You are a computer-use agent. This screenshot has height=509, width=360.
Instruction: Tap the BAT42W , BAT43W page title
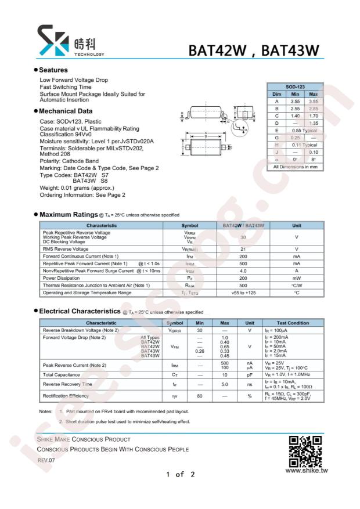coord(254,50)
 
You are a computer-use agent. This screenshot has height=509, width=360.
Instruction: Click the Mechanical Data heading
coord(66,111)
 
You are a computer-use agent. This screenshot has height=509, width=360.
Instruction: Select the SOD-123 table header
coord(295,86)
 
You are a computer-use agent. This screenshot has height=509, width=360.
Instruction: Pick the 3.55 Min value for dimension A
coord(295,101)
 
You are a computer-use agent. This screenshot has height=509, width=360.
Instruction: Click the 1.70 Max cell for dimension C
coord(314,115)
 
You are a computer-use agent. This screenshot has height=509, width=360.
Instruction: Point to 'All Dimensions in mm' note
coord(296,167)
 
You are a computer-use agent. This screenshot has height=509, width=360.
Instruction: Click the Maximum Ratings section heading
coord(64,215)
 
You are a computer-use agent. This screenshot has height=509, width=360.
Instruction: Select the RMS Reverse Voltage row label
coord(65,248)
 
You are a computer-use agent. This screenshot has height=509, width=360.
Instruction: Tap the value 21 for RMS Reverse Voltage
coord(243,248)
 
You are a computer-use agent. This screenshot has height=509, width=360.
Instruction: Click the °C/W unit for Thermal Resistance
coord(296,286)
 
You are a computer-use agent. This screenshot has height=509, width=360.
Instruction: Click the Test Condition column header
coord(293,323)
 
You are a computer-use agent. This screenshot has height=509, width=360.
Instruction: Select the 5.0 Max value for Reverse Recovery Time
coord(225,384)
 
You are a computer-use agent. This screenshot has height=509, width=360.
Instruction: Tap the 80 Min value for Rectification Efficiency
coord(200,396)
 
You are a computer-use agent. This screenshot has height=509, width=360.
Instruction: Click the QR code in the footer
coord(305,451)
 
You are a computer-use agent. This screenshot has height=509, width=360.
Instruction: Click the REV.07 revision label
coord(46,460)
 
